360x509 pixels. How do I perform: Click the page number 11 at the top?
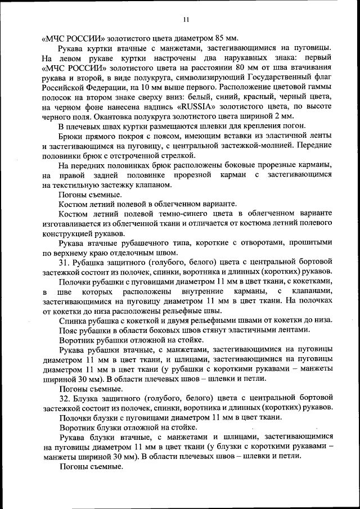[x=186, y=21]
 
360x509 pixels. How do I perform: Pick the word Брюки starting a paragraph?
[x=70, y=136]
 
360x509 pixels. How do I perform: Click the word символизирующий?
[x=199, y=78]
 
